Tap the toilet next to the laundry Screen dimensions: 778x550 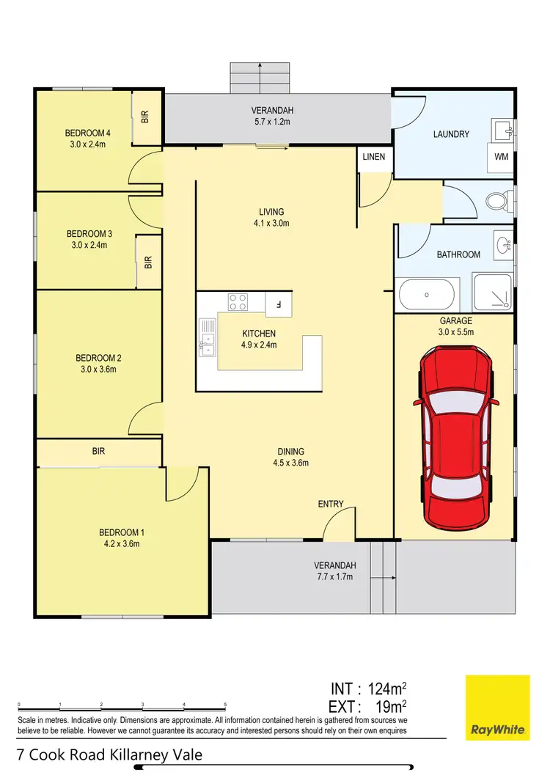click(x=499, y=200)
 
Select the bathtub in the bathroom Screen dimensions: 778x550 click(x=428, y=295)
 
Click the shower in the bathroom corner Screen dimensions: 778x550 click(x=494, y=294)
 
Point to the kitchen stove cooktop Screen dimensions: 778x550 click(x=238, y=301)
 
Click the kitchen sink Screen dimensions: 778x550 click(x=207, y=340)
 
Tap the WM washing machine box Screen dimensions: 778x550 click(x=501, y=157)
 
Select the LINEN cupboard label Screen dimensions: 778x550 click(x=373, y=158)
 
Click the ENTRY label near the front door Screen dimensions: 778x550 click(x=331, y=504)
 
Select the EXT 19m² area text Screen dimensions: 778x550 click(x=368, y=707)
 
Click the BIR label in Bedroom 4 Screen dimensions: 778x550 click(x=145, y=117)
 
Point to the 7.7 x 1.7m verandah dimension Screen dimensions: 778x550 click(x=334, y=576)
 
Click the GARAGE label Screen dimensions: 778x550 click(x=455, y=320)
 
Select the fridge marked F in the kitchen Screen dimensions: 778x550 click(x=278, y=301)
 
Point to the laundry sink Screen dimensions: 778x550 click(x=503, y=131)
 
